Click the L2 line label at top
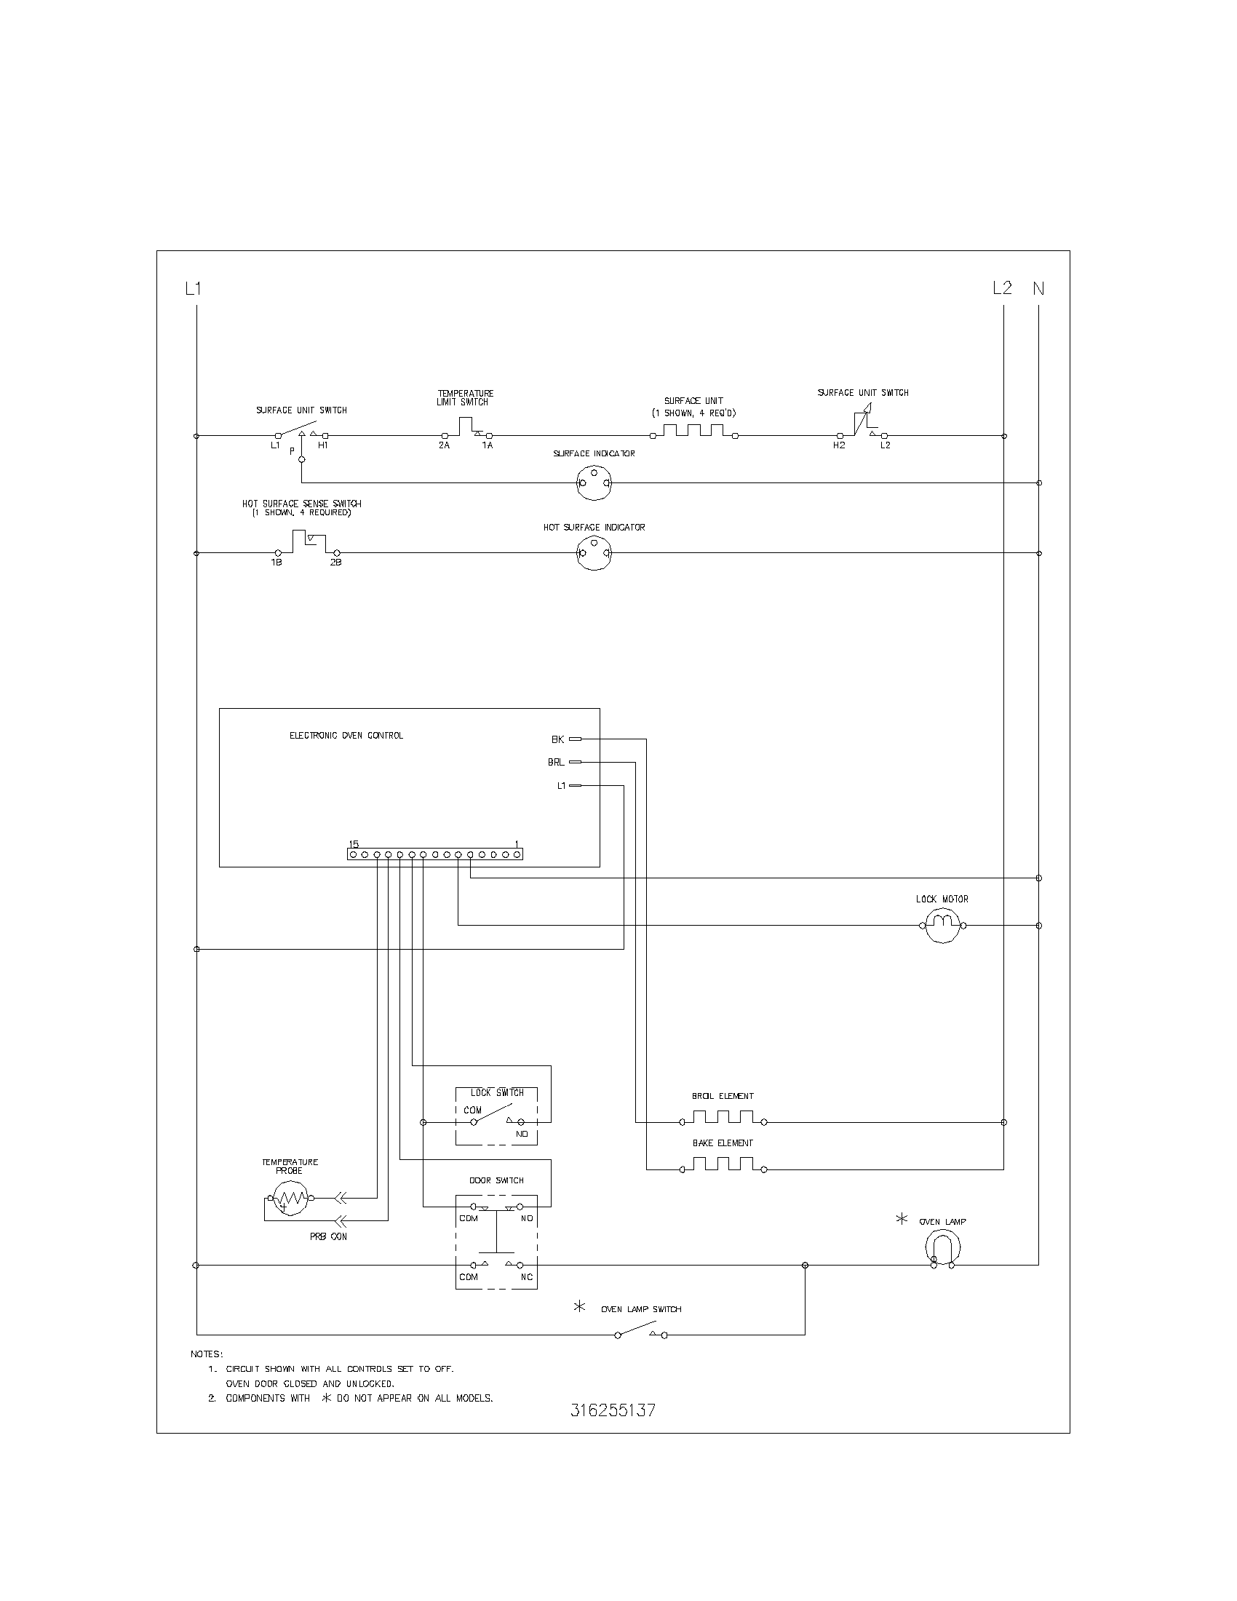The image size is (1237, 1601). pyautogui.click(x=1002, y=288)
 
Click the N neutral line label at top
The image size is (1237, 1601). pyautogui.click(x=1038, y=289)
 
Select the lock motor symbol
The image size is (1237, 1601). pyautogui.click(x=942, y=925)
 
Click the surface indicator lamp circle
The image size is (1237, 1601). pyautogui.click(x=594, y=483)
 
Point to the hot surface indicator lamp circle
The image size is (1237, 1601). pyautogui.click(x=594, y=554)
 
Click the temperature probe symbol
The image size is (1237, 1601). pyautogui.click(x=290, y=1199)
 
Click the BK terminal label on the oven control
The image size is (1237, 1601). pyautogui.click(x=557, y=739)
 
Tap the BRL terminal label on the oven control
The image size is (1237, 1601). pyautogui.click(x=555, y=763)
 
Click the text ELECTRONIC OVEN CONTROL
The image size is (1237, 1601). pyautogui.click(x=346, y=735)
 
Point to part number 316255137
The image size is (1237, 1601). pyautogui.click(x=613, y=1410)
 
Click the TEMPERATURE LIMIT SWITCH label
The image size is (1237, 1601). pyautogui.click(x=466, y=397)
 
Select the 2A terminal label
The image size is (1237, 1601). pyautogui.click(x=444, y=445)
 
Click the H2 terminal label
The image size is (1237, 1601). pyautogui.click(x=838, y=445)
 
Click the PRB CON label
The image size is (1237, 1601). pyautogui.click(x=328, y=1236)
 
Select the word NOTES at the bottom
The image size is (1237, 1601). pyautogui.click(x=207, y=1354)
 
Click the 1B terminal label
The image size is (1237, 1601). pyautogui.click(x=277, y=563)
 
